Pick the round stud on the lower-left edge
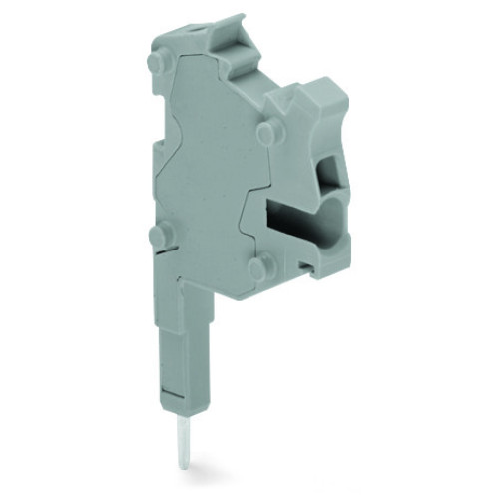point(156,236)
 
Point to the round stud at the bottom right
point(257,267)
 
